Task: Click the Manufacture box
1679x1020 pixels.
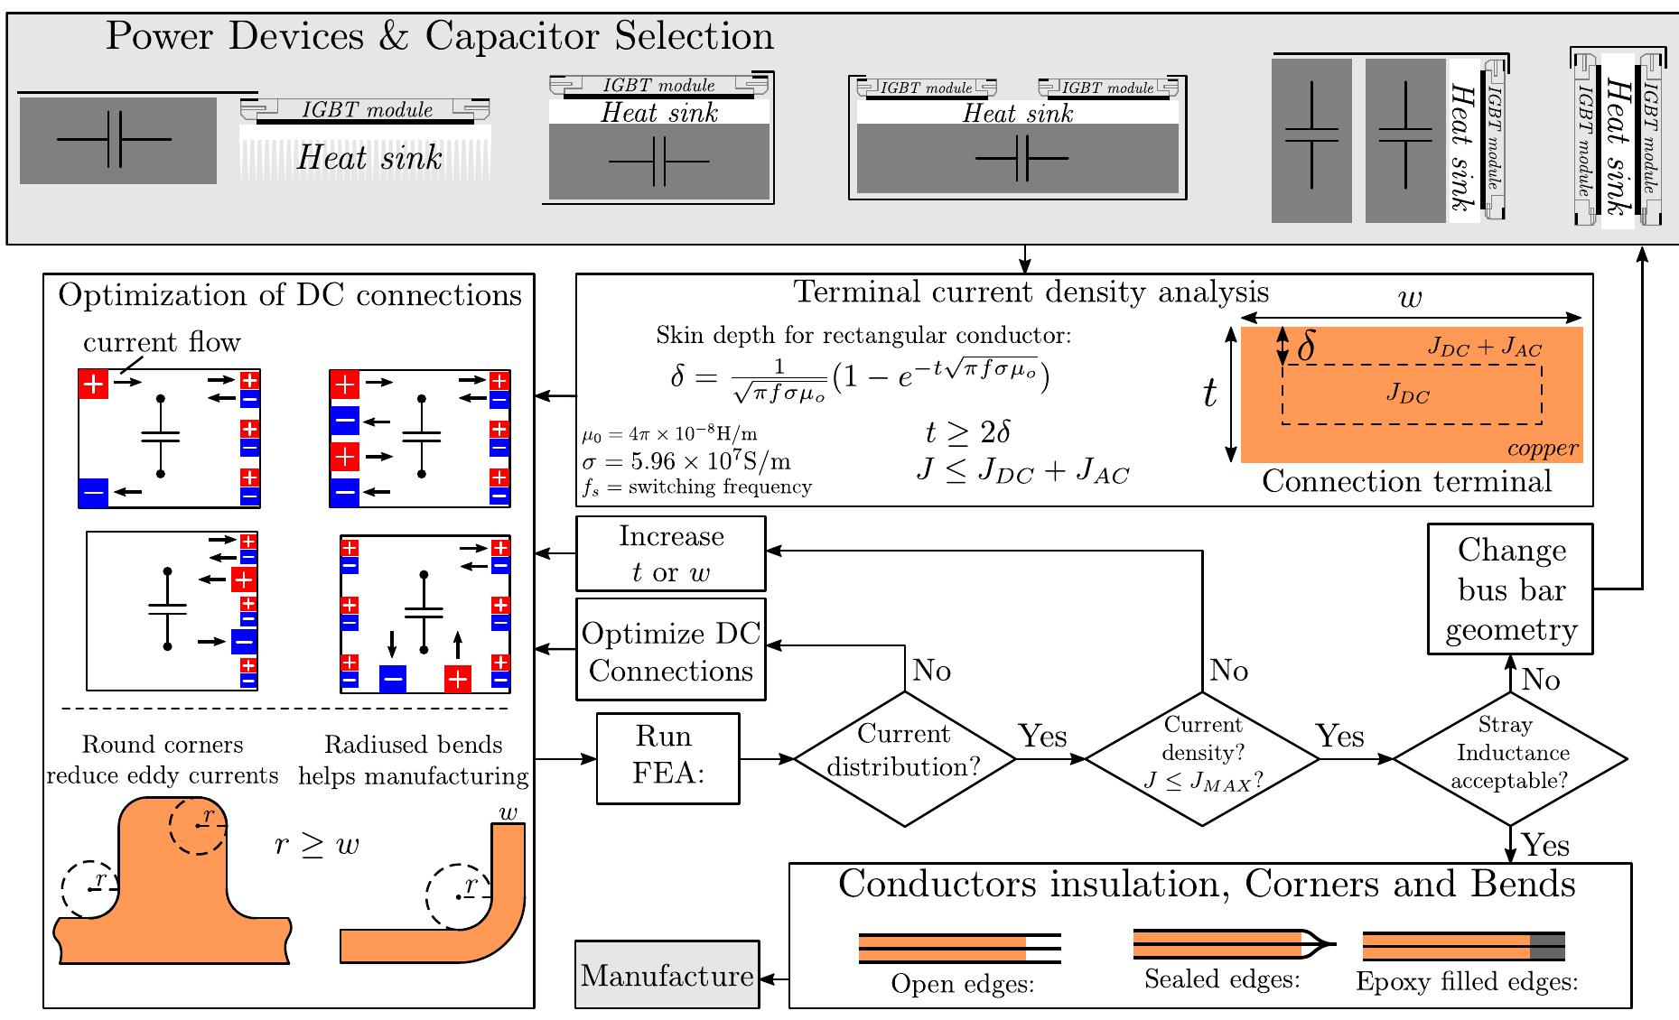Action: [667, 975]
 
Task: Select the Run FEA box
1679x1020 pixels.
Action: [667, 757]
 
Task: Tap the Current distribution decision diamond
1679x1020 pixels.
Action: [904, 758]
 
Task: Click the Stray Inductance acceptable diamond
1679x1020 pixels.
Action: [1510, 758]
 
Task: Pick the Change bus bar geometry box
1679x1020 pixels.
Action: [1510, 589]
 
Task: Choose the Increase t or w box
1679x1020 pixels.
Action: [671, 553]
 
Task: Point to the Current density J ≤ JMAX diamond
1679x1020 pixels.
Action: [1202, 758]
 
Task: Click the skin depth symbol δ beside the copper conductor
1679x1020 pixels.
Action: [1305, 346]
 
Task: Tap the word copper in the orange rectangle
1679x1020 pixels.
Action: [1543, 449]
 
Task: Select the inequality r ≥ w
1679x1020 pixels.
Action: [316, 845]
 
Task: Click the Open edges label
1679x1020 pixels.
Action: [962, 983]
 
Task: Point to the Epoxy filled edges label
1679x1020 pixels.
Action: [1467, 982]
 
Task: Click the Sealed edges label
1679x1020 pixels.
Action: [1221, 979]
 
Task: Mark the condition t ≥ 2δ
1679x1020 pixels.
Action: [967, 433]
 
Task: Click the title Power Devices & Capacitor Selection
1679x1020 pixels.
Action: [440, 36]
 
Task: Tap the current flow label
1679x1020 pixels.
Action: [162, 343]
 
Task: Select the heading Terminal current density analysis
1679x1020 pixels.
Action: [1031, 292]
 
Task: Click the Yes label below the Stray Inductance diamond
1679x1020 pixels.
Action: [1545, 845]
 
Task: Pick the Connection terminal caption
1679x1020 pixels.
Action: [1406, 482]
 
